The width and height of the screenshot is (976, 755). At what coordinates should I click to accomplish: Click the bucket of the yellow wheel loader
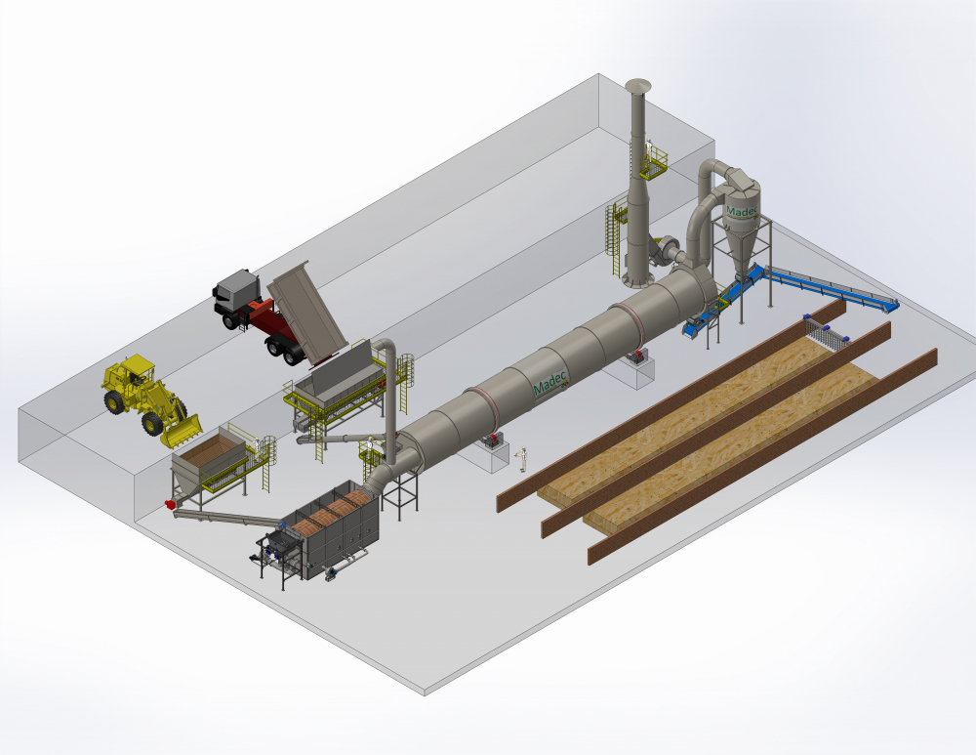point(183,431)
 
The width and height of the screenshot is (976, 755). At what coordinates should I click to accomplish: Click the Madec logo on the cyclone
point(743,211)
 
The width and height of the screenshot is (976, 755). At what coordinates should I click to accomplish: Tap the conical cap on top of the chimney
point(638,85)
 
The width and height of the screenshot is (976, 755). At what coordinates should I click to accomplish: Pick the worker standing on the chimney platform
point(649,149)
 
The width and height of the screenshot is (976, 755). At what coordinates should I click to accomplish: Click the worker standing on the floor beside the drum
point(522,459)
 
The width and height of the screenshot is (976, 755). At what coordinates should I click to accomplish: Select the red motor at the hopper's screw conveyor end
point(168,503)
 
